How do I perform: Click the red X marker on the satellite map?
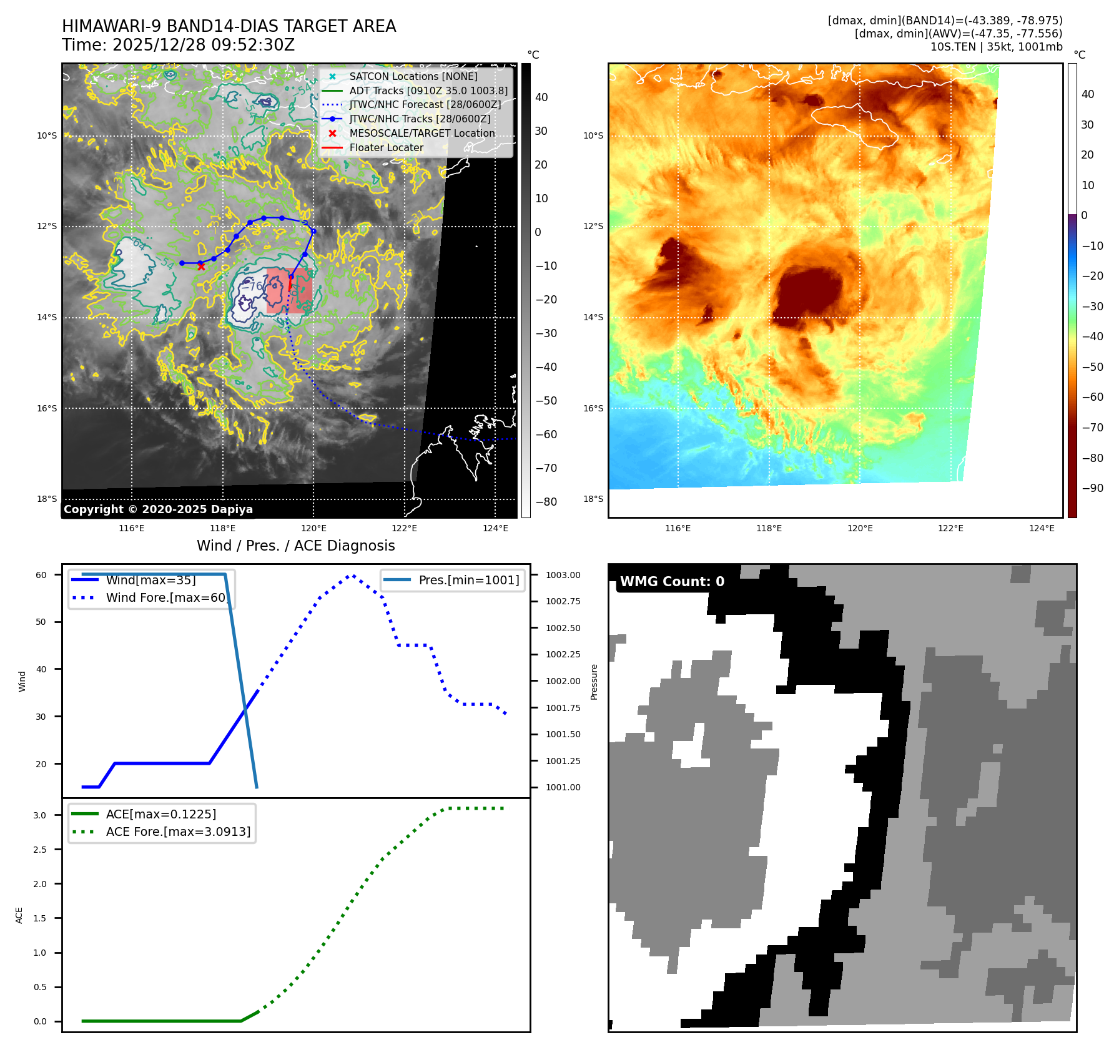click(x=201, y=267)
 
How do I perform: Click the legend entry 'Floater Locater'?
click(x=386, y=148)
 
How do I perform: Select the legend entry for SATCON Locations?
click(x=413, y=77)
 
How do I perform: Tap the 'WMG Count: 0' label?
click(x=672, y=582)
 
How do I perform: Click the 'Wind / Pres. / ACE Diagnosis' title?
click(x=295, y=546)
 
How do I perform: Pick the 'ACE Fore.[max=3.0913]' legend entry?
click(x=178, y=832)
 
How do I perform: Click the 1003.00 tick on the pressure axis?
click(x=563, y=575)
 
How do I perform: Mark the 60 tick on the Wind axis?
click(x=41, y=575)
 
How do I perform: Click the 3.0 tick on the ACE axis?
click(x=40, y=815)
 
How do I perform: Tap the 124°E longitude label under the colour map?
click(x=1041, y=528)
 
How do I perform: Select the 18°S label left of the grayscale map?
click(x=47, y=499)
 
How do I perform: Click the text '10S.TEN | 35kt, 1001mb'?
click(x=996, y=47)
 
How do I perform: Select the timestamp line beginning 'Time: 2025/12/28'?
click(x=178, y=45)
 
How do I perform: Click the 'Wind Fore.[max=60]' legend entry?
click(x=166, y=597)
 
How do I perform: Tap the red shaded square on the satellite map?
click(x=288, y=290)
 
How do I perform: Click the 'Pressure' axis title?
click(x=594, y=681)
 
